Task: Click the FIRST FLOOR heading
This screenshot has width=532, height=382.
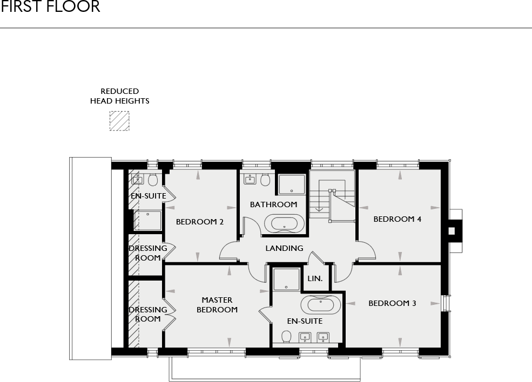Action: [x=50, y=7]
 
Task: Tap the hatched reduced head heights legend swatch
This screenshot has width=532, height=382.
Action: [x=119, y=121]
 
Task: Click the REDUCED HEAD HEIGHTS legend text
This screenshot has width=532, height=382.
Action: [x=119, y=96]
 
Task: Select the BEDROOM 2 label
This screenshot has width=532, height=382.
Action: [x=200, y=222]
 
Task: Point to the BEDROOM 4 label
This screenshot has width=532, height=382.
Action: [x=398, y=219]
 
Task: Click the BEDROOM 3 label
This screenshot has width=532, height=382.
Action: [x=392, y=303]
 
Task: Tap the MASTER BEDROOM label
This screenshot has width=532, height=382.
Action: [x=217, y=305]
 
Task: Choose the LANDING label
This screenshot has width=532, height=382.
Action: [x=284, y=248]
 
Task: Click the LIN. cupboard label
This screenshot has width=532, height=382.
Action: [x=315, y=278]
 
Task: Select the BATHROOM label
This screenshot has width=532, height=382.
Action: [x=273, y=204]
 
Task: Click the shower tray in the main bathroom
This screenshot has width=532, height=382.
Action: [x=292, y=184]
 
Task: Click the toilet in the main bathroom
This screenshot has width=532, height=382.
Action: [x=265, y=180]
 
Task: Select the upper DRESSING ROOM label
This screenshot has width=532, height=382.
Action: [x=147, y=253]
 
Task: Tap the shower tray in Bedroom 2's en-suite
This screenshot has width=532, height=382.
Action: [x=147, y=220]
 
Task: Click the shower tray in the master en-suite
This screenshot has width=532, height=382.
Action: [x=286, y=280]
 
